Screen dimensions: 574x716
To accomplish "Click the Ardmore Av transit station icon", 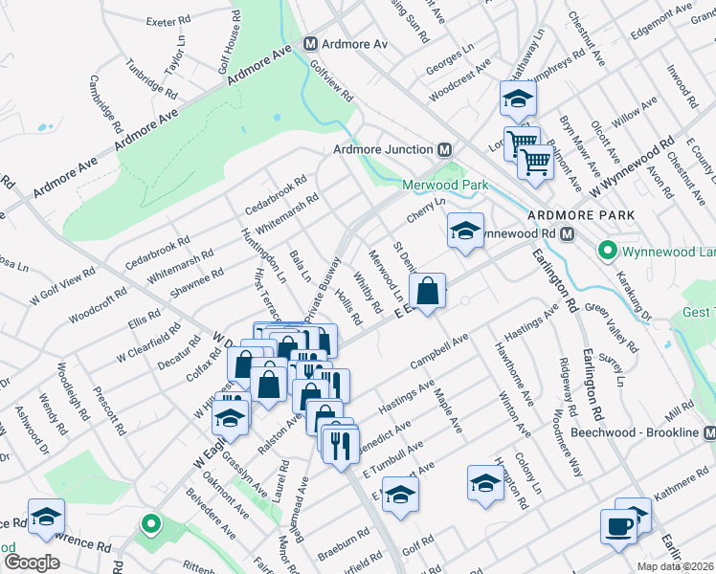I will pos(310,44).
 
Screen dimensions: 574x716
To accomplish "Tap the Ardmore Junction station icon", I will pos(444,149).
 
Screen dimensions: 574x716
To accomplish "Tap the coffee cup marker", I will pos(618,526).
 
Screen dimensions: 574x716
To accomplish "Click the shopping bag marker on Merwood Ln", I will pos(428,290).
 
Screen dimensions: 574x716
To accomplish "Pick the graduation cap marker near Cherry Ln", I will pos(465,231).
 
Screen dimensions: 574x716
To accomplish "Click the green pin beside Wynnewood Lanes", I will pos(606,253).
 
